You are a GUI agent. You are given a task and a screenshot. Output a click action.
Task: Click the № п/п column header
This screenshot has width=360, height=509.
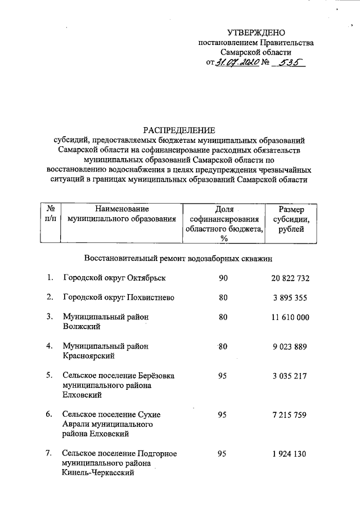pyautogui.click(x=49, y=214)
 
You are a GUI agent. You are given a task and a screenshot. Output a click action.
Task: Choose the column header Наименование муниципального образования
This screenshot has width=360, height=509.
pyautogui.click(x=122, y=214)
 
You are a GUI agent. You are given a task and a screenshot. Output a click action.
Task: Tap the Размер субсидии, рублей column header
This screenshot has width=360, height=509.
pyautogui.click(x=290, y=219)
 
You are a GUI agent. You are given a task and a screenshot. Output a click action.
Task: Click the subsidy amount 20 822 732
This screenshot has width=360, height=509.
pyautogui.click(x=290, y=278)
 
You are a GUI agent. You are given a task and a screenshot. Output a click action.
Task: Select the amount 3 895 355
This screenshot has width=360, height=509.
pyautogui.click(x=290, y=298)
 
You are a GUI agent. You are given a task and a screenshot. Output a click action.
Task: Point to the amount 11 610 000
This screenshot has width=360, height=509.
pyautogui.click(x=290, y=317)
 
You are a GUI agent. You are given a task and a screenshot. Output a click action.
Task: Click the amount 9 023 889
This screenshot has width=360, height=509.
pyautogui.click(x=290, y=346)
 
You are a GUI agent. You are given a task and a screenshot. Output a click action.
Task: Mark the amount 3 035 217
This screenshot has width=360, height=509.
pyautogui.click(x=290, y=376)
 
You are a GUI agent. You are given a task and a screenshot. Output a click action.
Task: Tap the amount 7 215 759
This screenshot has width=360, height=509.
pyautogui.click(x=290, y=415)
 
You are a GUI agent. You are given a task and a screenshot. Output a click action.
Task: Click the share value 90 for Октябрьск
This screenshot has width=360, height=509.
pyautogui.click(x=223, y=278)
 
